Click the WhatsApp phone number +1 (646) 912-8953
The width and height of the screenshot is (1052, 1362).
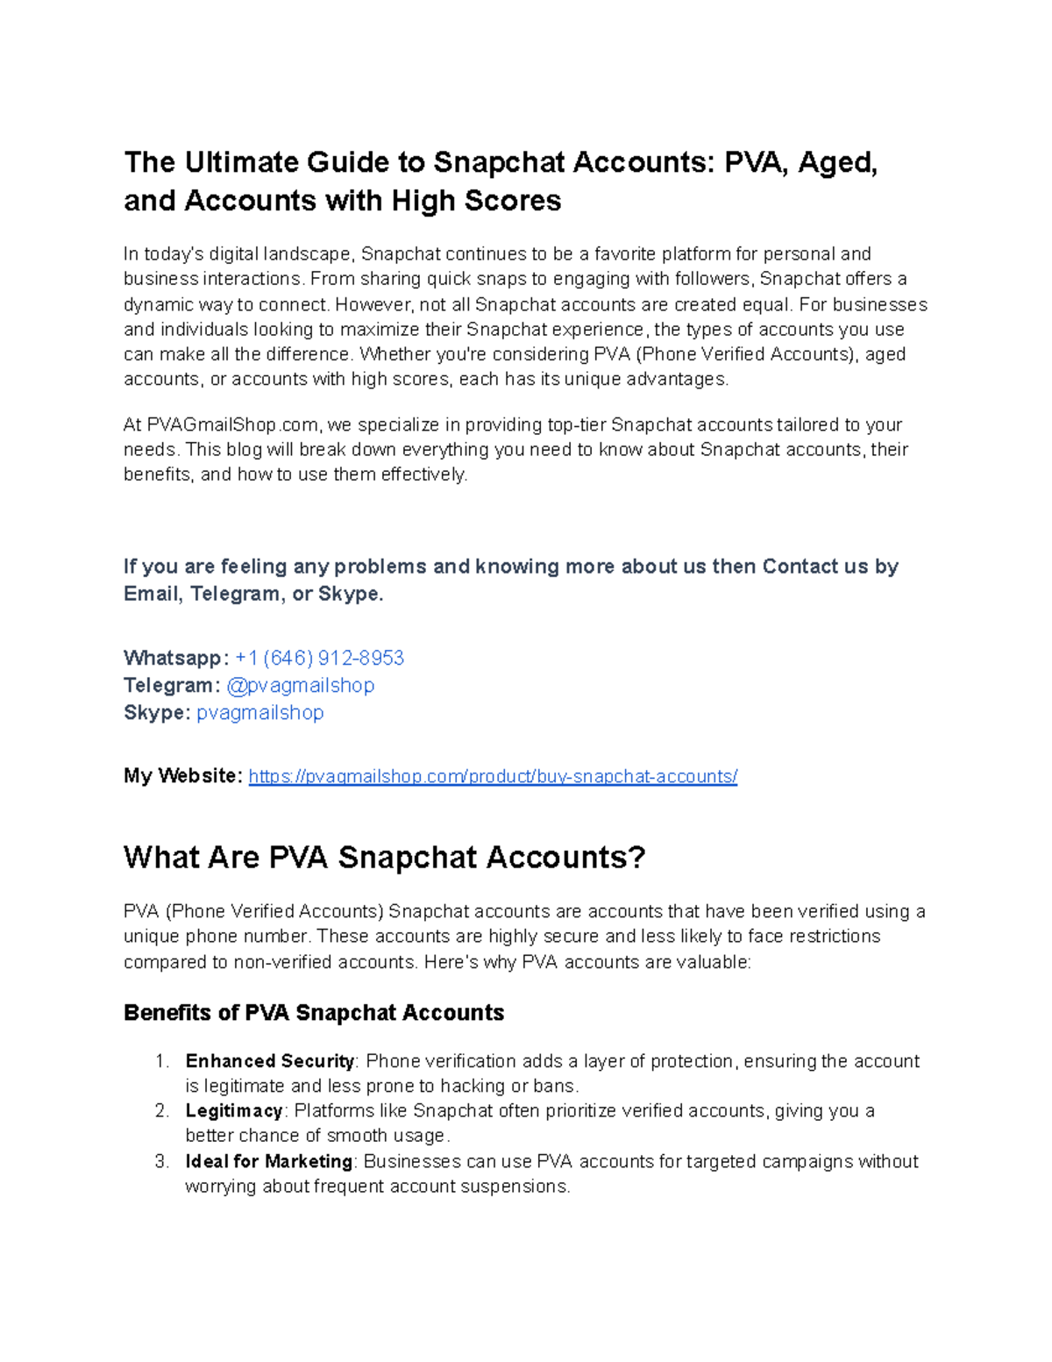319,658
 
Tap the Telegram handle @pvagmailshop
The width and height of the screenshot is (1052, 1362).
300,685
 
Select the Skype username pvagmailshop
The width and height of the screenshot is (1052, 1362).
259,712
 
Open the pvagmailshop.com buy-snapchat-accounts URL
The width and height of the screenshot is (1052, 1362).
493,776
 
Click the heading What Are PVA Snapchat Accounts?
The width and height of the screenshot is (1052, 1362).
384,857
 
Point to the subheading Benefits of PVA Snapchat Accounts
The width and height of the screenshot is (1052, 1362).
313,1013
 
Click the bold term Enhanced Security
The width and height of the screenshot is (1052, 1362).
269,1061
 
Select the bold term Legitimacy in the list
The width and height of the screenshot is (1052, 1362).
233,1111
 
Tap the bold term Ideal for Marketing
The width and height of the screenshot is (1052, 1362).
268,1161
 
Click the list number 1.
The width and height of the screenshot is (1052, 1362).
161,1061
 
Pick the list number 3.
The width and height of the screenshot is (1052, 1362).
161,1161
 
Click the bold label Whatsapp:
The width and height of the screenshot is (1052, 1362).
176,658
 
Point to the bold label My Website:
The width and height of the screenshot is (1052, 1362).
182,776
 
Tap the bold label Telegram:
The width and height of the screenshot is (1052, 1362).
172,685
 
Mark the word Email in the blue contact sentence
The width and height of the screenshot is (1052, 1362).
152,594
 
